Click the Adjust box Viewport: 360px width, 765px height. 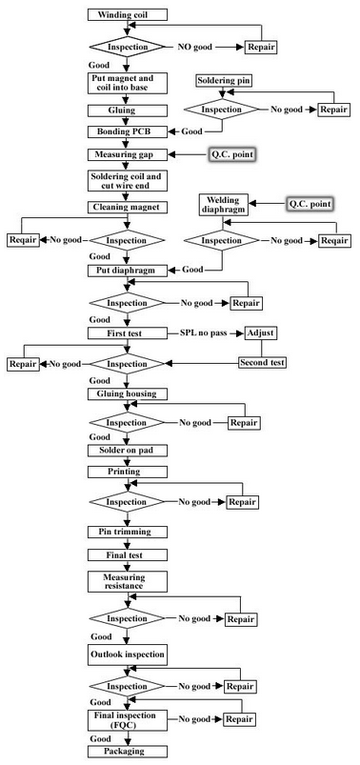click(x=260, y=334)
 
